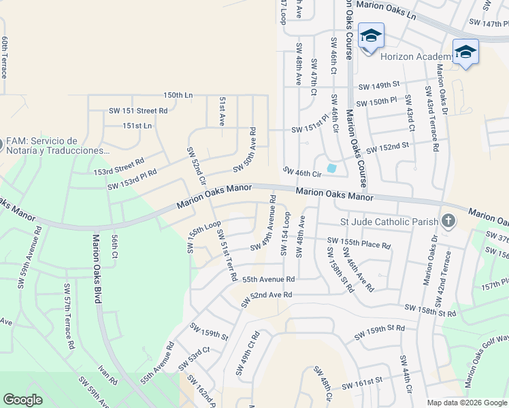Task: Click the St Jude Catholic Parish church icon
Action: point(448,221)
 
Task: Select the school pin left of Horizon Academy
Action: point(371,36)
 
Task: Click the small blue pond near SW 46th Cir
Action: point(331,168)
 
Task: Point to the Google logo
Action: point(22,400)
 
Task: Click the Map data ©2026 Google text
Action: point(466,403)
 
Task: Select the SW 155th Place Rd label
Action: point(359,243)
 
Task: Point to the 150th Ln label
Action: point(178,95)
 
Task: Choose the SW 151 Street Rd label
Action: point(138,110)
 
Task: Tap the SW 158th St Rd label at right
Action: point(429,311)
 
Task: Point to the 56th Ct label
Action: point(115,247)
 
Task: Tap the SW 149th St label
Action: point(378,86)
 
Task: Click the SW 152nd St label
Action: point(387,148)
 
